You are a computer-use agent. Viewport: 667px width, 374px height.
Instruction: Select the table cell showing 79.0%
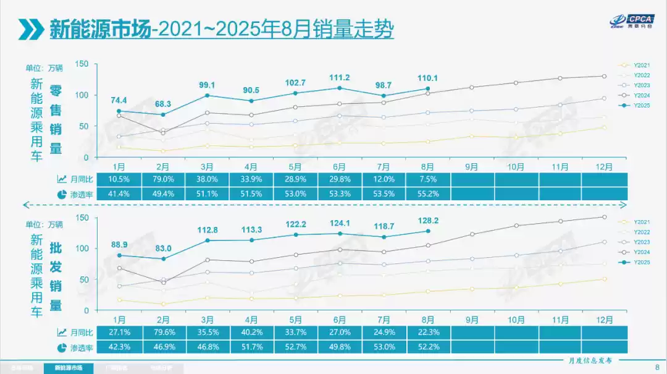click(164, 179)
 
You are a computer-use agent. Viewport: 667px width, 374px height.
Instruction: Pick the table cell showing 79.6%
click(164, 333)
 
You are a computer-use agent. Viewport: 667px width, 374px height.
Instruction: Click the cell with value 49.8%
click(339, 347)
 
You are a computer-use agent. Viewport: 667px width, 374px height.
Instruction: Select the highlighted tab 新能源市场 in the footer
click(69, 368)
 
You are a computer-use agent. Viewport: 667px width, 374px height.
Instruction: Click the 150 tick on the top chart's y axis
click(83, 64)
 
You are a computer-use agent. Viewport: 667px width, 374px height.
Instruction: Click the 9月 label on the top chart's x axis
click(471, 167)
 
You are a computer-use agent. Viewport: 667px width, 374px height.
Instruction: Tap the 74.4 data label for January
click(120, 100)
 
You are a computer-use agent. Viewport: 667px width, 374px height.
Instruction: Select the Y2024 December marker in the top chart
click(604, 76)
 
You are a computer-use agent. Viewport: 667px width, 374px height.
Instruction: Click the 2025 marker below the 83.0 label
click(164, 259)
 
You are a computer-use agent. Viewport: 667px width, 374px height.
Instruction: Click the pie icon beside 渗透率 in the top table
click(62, 193)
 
